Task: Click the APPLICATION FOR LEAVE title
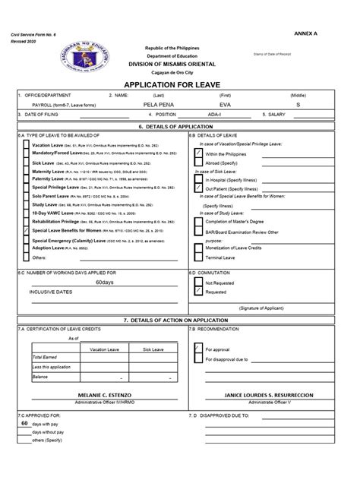coord(179,85)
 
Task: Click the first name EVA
coord(226,105)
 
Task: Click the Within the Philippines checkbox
coord(200,153)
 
